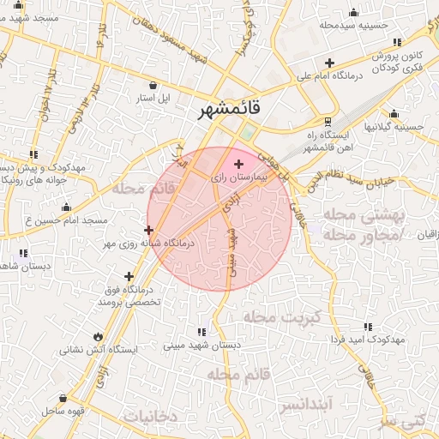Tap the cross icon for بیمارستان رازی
click(238, 163)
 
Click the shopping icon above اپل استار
click(153, 85)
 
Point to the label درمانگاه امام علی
click(330, 75)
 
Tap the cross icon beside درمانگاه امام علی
click(330, 63)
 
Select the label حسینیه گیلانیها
click(394, 126)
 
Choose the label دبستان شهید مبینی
click(202, 346)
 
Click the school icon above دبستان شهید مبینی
click(201, 332)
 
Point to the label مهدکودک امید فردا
click(368, 340)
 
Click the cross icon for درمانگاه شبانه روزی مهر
click(149, 230)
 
